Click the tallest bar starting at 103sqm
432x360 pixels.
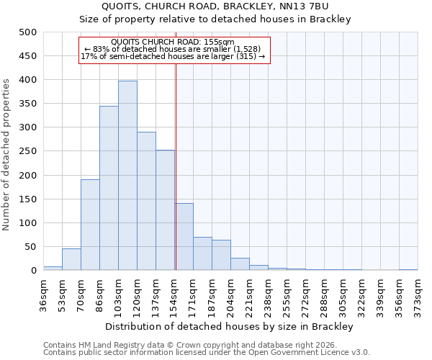coord(127,176)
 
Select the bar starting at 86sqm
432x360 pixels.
coord(109,188)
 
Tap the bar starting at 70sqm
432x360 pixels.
coord(90,225)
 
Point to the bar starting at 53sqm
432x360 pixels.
coord(71,259)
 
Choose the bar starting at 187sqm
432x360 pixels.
coord(221,255)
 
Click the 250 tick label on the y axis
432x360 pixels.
coord(28,152)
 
